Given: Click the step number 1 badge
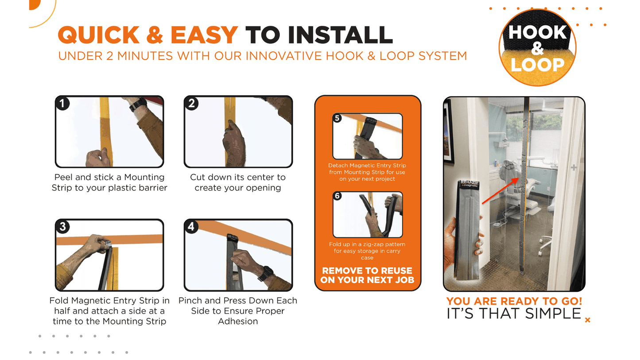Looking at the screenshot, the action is pyautogui.click(x=62, y=104).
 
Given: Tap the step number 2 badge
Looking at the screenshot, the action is pyautogui.click(x=191, y=104).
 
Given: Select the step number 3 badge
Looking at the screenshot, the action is pyautogui.click(x=62, y=227).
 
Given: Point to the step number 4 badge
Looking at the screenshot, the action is pyautogui.click(x=191, y=227).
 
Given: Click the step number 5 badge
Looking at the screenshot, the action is pyautogui.click(x=337, y=118).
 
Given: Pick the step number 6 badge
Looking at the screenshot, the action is pyautogui.click(x=337, y=196).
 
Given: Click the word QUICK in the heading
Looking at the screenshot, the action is pyautogui.click(x=99, y=35).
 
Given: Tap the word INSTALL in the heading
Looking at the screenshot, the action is pyautogui.click(x=340, y=35).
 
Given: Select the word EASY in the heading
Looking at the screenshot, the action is pyautogui.click(x=204, y=35).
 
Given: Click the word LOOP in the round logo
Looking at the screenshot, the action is pyautogui.click(x=537, y=65).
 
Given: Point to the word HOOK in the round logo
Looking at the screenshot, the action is pyautogui.click(x=537, y=32).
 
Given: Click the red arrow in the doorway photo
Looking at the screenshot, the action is pyautogui.click(x=500, y=190).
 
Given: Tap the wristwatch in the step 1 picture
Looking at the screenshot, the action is pyautogui.click(x=138, y=105).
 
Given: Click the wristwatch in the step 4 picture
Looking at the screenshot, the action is pyautogui.click(x=265, y=273).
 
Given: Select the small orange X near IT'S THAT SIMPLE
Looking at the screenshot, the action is pyautogui.click(x=587, y=320).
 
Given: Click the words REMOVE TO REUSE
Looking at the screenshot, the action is pyautogui.click(x=367, y=271).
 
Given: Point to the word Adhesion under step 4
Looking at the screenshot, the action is pyautogui.click(x=238, y=321).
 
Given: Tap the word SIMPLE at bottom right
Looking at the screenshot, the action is pyautogui.click(x=553, y=314).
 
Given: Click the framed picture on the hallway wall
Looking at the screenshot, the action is pyautogui.click(x=448, y=132).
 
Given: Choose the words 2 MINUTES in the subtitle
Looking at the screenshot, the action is pyautogui.click(x=140, y=56).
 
